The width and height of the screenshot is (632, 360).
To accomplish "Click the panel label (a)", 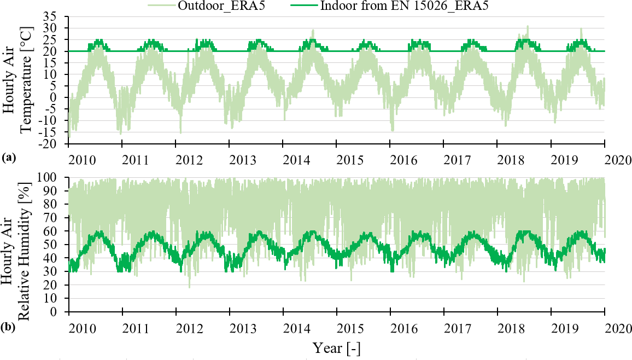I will tap(8, 158).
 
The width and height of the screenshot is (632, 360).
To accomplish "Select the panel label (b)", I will tap(8, 329).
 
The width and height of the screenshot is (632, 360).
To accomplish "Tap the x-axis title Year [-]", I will tap(336, 347).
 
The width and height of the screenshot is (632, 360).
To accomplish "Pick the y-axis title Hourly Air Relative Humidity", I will tap(19, 245).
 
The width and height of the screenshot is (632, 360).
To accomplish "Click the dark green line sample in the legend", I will tap(301, 6).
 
